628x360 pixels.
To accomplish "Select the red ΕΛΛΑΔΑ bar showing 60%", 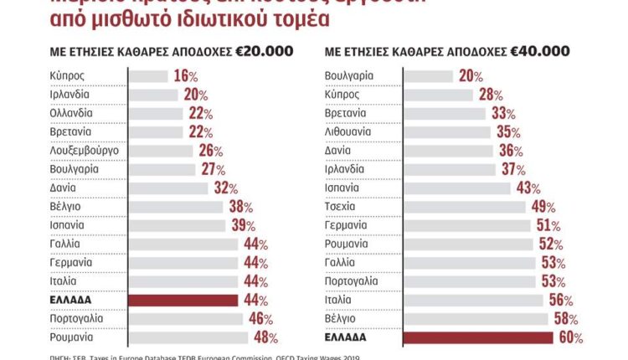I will click(x=478, y=337).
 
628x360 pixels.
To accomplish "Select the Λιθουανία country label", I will click(x=350, y=131).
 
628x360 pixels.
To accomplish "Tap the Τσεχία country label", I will click(x=342, y=206).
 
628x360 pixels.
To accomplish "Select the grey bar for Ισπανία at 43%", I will click(x=457, y=188).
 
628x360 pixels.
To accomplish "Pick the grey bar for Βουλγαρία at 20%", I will click(x=429, y=76).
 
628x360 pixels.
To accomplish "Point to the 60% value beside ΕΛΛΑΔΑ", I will click(x=569, y=338).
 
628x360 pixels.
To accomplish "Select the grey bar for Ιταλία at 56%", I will click(x=476, y=300).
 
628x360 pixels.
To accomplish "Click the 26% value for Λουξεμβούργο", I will click(x=211, y=151).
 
